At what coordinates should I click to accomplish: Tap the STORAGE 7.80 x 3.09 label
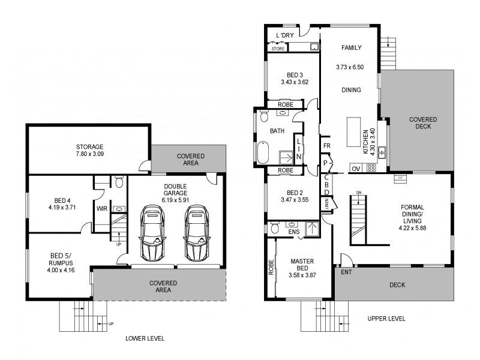pos(89,151)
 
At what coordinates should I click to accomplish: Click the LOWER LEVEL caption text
pos(145,338)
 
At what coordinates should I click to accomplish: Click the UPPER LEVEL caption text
pos(386,319)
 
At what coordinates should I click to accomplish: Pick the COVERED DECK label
pos(423,124)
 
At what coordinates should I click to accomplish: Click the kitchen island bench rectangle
pos(352,136)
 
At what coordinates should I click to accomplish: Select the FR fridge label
pos(326,146)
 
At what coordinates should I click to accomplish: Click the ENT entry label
pos(346,272)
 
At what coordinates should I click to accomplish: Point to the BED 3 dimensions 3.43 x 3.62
pos(294,82)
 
